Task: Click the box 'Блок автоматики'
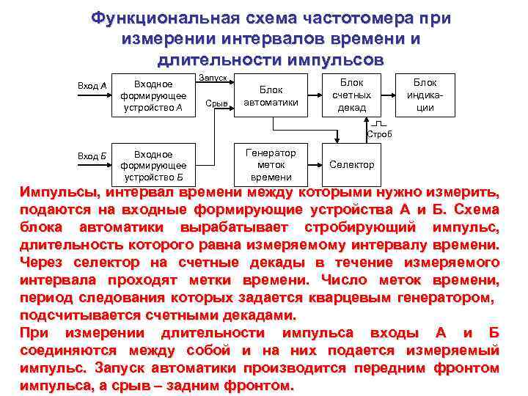point(270,96)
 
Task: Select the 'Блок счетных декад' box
point(351,95)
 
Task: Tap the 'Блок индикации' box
point(425,95)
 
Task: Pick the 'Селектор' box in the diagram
point(351,165)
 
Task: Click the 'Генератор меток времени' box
point(271,165)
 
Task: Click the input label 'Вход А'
point(92,86)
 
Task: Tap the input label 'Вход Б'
point(92,155)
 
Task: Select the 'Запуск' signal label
point(213,78)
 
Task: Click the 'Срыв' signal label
point(217,103)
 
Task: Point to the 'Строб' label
point(379,134)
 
